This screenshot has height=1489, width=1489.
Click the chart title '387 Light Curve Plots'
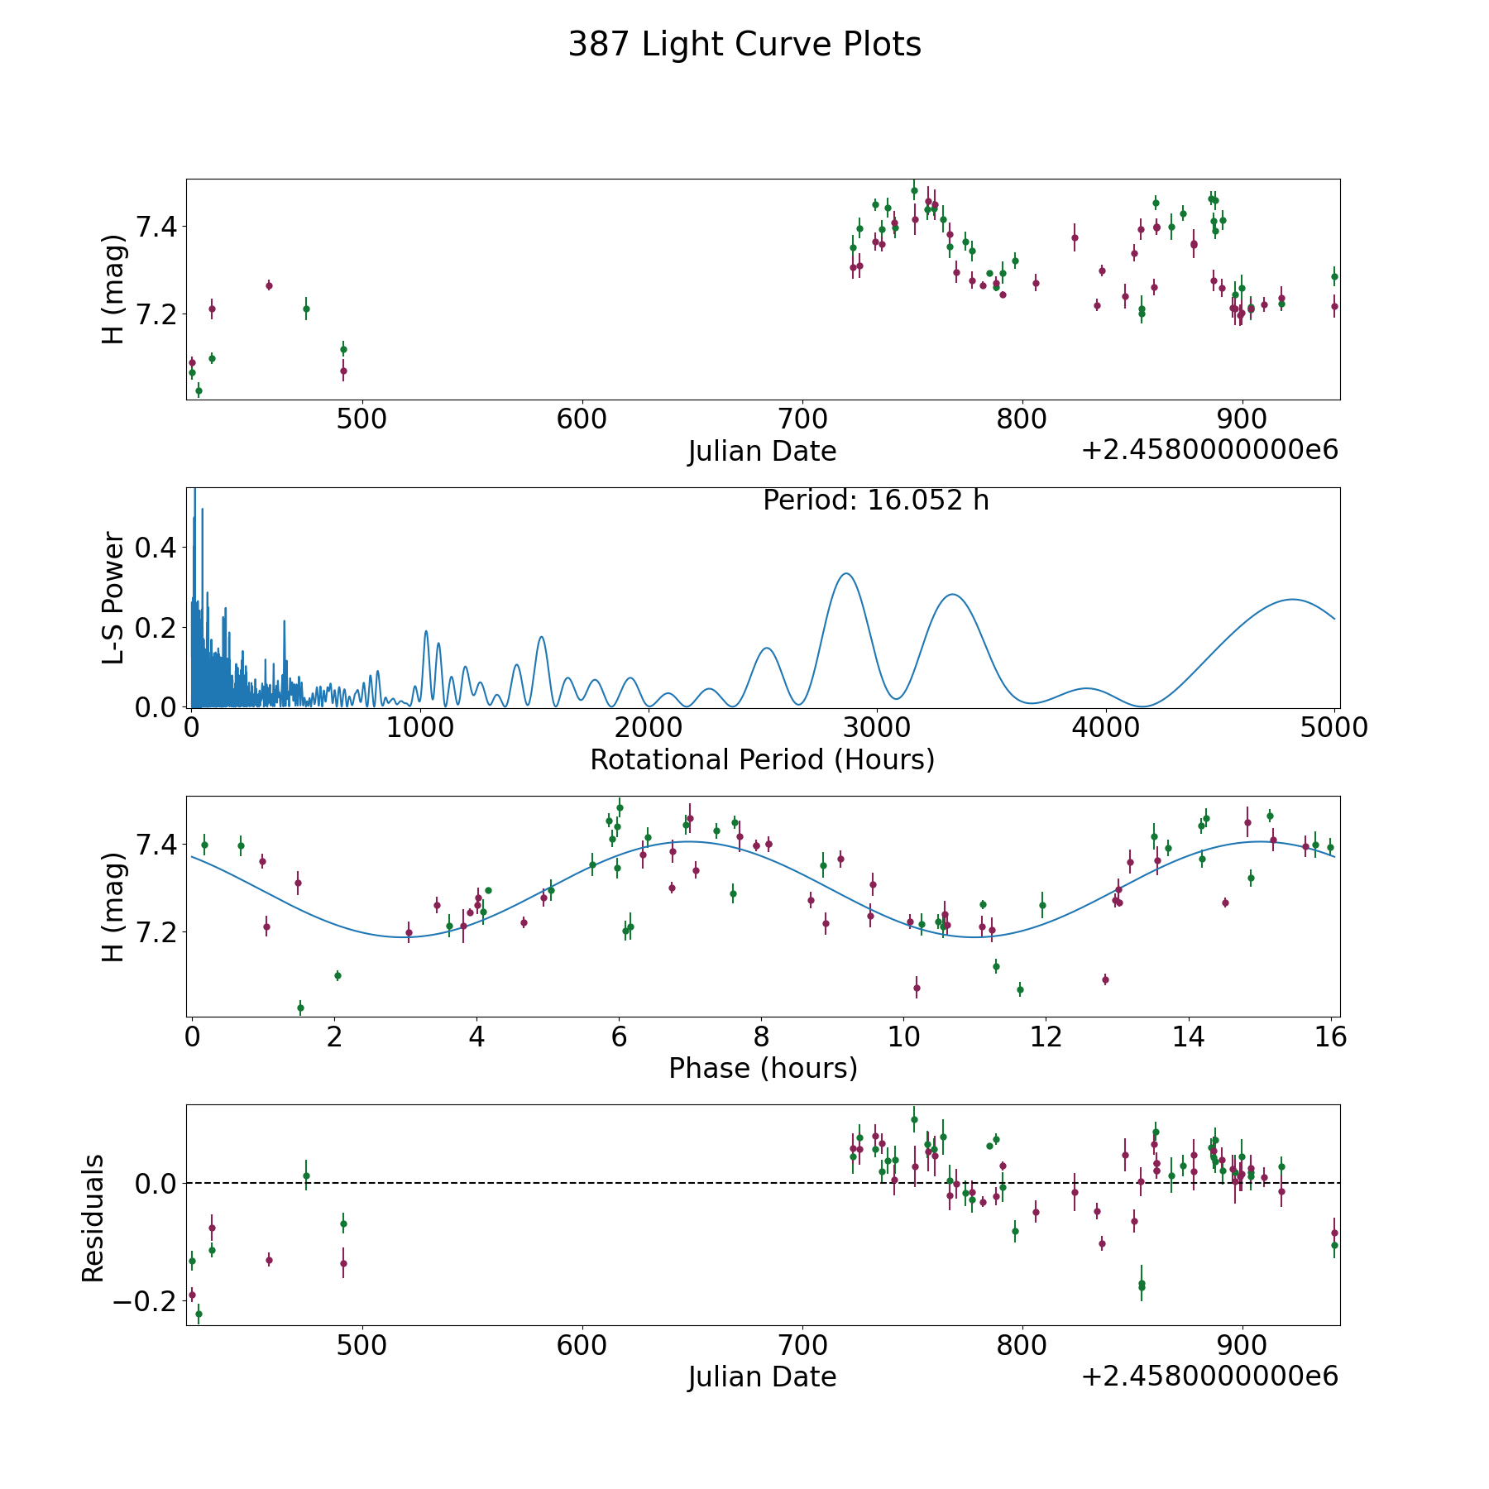pos(744,45)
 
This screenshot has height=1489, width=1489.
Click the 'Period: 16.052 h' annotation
pos(875,500)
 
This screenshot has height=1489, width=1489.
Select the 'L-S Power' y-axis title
pos(114,597)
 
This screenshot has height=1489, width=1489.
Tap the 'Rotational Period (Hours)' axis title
pos(762,759)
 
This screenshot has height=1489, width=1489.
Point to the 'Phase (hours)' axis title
pos(763,1068)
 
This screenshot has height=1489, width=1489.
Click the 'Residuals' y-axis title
pos(93,1218)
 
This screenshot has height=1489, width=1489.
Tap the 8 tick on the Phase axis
pos(761,1037)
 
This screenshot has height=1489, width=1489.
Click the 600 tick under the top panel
pos(582,419)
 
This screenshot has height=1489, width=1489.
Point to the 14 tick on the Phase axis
pos(1189,1037)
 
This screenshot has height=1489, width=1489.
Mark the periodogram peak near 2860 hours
pos(845,573)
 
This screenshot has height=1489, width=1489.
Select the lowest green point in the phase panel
pos(300,1008)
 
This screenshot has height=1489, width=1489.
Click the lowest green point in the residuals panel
pos(199,1314)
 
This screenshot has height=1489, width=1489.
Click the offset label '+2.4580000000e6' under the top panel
pos(1209,451)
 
